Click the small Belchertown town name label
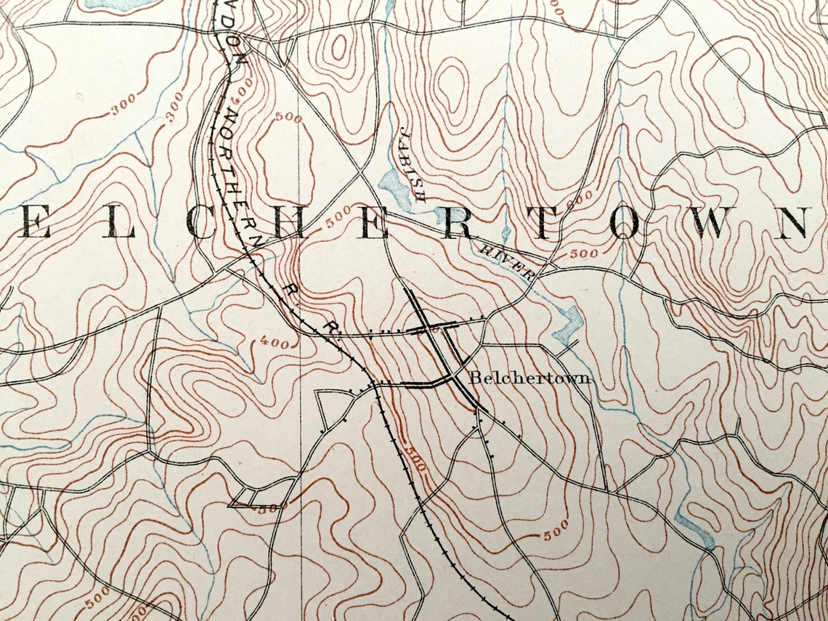pyautogui.click(x=530, y=378)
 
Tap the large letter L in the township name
pyautogui.click(x=121, y=224)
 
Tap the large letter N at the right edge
pyautogui.click(x=794, y=223)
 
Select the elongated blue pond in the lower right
pyautogui.click(x=694, y=529)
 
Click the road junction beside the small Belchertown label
pyautogui.click(x=451, y=376)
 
